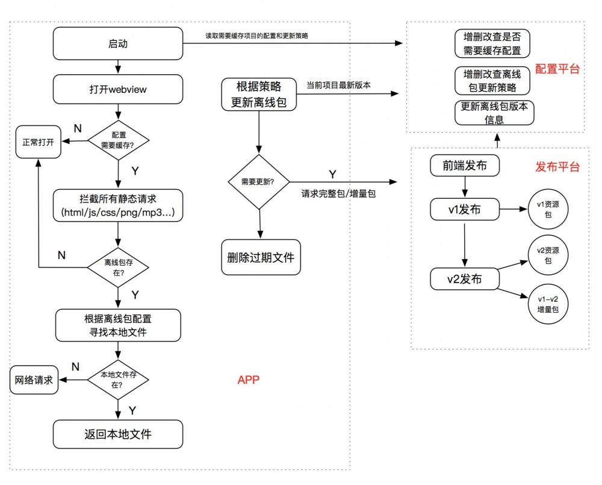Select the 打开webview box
(x=118, y=89)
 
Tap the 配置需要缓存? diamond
(x=119, y=141)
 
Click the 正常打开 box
(x=38, y=142)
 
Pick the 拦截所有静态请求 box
(x=118, y=205)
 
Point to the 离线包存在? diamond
(x=119, y=268)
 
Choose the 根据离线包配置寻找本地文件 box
(x=119, y=325)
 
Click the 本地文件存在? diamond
(x=119, y=379)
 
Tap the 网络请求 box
(x=35, y=380)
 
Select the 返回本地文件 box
(x=118, y=434)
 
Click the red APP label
(x=248, y=380)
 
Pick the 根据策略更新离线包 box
(x=259, y=94)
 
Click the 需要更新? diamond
(x=259, y=181)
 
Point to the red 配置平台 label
(x=557, y=69)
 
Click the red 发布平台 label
(x=557, y=167)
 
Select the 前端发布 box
(x=465, y=166)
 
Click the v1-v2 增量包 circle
(x=548, y=304)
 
